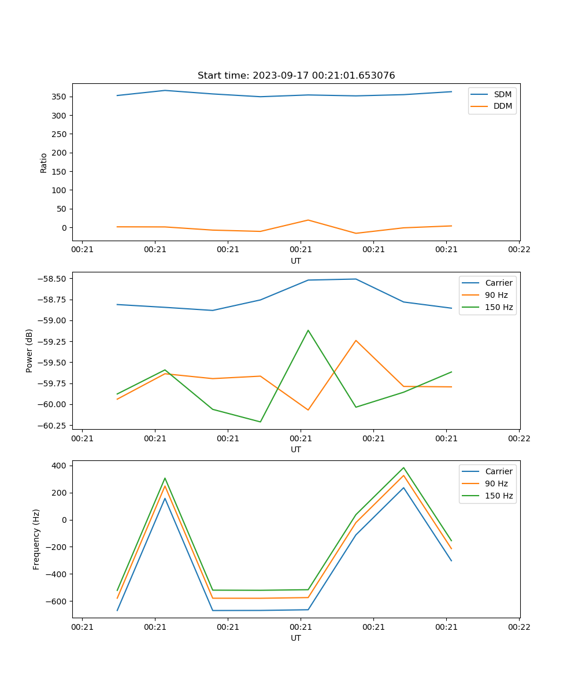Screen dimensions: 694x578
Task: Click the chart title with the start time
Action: (x=296, y=76)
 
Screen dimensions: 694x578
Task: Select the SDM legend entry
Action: (x=502, y=94)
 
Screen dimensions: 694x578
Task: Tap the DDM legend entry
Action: (x=502, y=106)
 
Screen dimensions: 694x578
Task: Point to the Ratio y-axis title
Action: (x=44, y=163)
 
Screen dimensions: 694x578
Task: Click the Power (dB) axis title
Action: (x=29, y=350)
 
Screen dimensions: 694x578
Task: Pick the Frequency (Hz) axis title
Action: (x=36, y=539)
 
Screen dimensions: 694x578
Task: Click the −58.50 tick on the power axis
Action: (x=53, y=279)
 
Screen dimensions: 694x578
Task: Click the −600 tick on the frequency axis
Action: (x=57, y=601)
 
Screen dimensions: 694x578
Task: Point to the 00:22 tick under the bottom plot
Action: (x=519, y=626)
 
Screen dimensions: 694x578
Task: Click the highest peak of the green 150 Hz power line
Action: (x=308, y=330)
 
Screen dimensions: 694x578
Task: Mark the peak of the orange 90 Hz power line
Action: (x=356, y=341)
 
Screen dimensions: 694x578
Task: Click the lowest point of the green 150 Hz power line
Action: (x=260, y=422)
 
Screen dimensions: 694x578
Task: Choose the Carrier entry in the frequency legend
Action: (x=498, y=471)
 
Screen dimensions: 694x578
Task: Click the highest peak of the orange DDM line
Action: (x=308, y=220)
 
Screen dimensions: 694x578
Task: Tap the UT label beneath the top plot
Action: (x=296, y=261)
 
